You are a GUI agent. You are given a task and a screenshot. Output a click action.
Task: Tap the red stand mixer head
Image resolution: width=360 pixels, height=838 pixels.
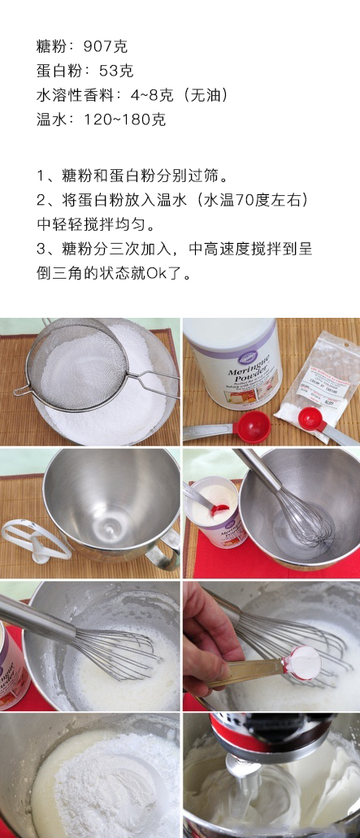tap(244, 727)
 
